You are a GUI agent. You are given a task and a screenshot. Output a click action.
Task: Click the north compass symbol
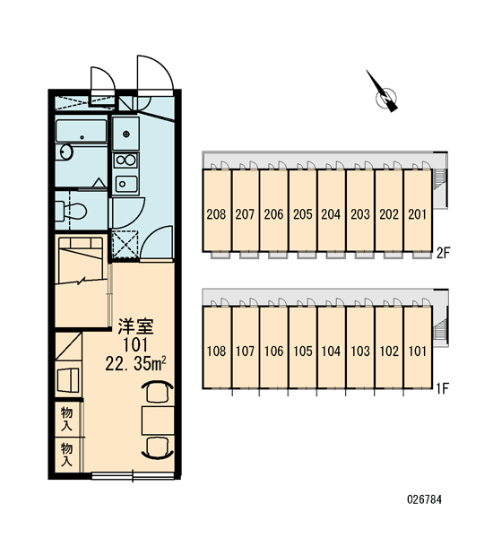pos(385,96)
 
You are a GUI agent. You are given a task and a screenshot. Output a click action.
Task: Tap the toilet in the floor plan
pos(71,211)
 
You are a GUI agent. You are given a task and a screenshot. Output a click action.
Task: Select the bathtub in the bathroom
pos(82,131)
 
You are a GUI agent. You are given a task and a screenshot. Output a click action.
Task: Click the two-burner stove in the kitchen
pos(125,160)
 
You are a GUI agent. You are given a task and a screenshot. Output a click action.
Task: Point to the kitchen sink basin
pos(126,183)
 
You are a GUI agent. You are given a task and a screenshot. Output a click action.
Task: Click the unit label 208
pos(217,214)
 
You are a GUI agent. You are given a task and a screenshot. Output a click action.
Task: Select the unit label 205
pos(303,214)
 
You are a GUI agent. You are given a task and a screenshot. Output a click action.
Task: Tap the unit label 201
pos(417,214)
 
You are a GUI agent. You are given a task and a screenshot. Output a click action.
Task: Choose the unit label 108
pos(217,351)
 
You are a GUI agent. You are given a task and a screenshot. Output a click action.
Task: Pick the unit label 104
pos(331,351)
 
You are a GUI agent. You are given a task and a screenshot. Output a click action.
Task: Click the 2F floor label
pos(442,253)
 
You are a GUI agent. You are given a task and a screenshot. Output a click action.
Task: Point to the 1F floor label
pos(442,388)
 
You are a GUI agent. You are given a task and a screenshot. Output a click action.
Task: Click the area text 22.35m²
pos(136,364)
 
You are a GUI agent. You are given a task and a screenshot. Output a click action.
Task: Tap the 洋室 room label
pos(135,326)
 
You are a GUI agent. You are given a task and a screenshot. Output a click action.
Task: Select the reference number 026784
pos(424,499)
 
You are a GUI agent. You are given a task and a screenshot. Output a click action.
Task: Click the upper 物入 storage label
pos(66,419)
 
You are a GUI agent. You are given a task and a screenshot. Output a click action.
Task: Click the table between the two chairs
pos(158,421)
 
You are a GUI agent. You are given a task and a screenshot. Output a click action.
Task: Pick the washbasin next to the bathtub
pos(65,152)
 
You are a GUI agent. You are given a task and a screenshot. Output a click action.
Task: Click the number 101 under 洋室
pos(135,345)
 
